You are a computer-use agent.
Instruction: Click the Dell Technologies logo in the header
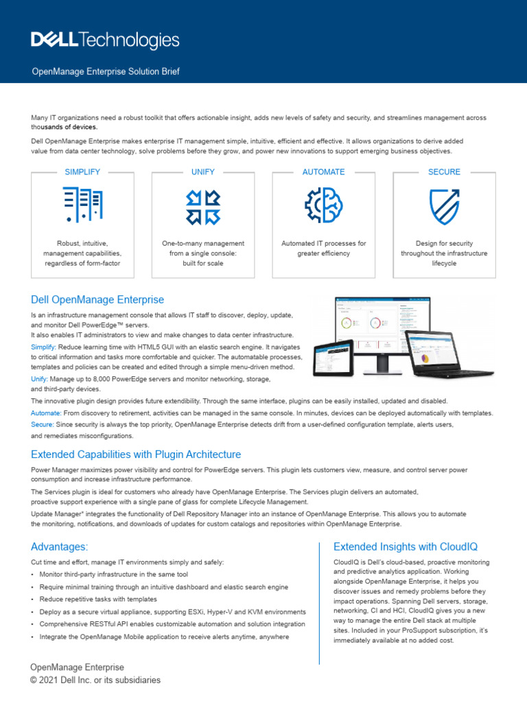(x=105, y=41)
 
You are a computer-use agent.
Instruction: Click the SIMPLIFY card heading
(x=82, y=172)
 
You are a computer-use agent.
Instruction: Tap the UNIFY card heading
(x=203, y=172)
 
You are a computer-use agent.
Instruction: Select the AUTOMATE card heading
(x=324, y=172)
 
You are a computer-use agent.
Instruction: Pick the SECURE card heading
(x=444, y=172)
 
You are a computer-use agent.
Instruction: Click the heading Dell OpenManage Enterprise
(x=97, y=299)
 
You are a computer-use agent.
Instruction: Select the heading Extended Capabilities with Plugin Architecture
(x=136, y=454)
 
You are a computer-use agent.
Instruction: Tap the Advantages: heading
(x=60, y=546)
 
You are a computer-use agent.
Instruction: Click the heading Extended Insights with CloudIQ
(x=405, y=546)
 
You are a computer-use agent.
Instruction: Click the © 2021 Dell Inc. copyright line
(x=95, y=680)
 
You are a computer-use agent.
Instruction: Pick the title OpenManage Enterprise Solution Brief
(x=106, y=71)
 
